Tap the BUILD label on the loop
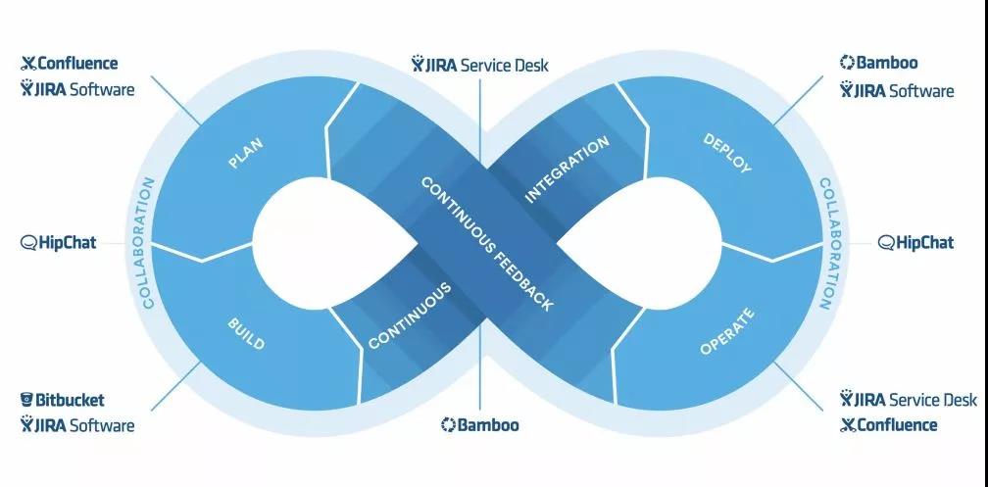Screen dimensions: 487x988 point(245,333)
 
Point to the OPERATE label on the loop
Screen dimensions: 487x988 point(727,332)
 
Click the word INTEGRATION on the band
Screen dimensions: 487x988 point(568,169)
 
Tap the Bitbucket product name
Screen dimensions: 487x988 point(70,400)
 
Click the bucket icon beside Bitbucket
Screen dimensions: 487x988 point(27,400)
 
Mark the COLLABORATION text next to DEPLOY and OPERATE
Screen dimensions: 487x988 point(827,243)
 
